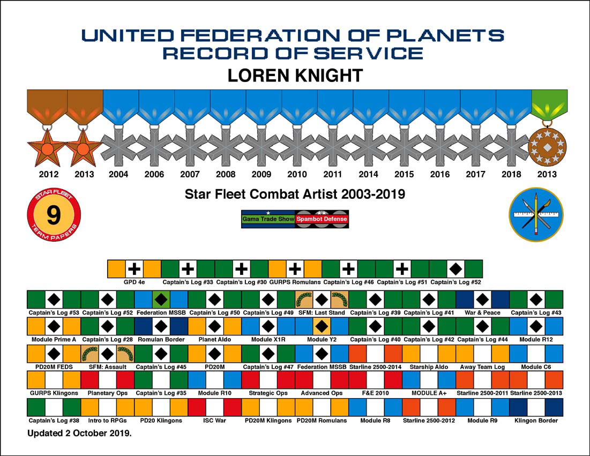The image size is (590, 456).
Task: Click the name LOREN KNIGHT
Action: [x=295, y=75]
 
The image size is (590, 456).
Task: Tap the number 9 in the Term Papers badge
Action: [x=53, y=215]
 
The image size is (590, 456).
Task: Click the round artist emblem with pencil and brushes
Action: [x=536, y=214]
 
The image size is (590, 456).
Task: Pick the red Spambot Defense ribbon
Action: [x=322, y=219]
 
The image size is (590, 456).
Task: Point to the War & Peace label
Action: [x=482, y=312]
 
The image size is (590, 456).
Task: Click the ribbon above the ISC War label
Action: [x=214, y=407]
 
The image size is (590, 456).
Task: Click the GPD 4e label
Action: [x=135, y=281]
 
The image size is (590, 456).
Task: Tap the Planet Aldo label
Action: [x=214, y=340]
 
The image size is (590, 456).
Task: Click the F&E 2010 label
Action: [x=375, y=393]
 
